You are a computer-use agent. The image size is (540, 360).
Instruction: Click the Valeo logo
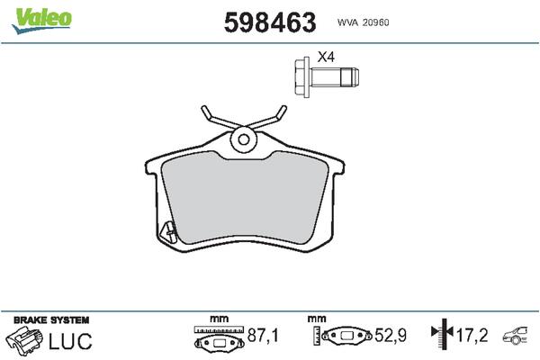coord(41,16)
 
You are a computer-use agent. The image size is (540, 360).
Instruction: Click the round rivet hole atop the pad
coord(243,139)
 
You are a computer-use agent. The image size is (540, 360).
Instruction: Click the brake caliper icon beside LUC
coord(24,340)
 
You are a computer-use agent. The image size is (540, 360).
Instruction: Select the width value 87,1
coord(263,336)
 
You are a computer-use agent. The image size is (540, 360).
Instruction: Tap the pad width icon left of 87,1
coord(220,339)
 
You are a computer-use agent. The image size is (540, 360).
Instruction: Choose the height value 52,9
coord(390,336)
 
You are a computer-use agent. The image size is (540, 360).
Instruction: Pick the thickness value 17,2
coord(472,336)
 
